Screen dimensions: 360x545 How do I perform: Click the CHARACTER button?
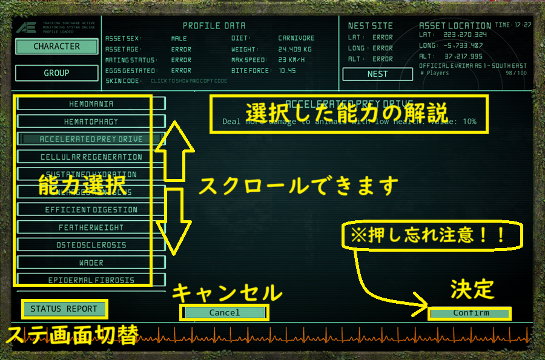pos(56,47)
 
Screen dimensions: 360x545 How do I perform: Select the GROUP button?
pos(56,73)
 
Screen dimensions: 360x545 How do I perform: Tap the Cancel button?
pos(225,313)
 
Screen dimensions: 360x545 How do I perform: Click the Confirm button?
pos(471,313)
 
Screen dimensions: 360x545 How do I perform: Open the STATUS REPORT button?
pos(64,309)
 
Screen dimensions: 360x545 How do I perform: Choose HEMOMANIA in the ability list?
pos(91,104)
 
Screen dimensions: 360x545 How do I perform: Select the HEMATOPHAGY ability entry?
pos(91,122)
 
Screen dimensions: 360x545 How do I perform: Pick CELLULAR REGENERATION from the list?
pos(91,157)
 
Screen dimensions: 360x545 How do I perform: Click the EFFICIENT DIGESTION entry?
pos(91,210)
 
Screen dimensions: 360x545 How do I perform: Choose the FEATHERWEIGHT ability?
pos(91,227)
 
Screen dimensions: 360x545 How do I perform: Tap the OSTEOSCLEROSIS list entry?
pos(91,245)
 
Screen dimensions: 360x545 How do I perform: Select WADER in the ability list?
pos(91,263)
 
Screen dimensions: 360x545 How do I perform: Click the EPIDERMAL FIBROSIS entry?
pos(91,280)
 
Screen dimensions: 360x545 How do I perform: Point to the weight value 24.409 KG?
pos(296,49)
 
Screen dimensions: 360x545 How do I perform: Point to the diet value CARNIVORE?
pos(297,38)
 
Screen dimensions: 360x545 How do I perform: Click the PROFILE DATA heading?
pos(214,26)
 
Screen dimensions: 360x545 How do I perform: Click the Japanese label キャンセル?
pos(227,293)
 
